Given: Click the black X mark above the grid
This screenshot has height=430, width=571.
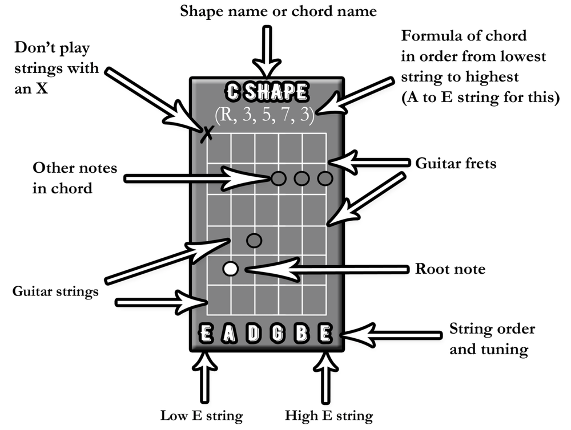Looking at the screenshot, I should click(207, 133).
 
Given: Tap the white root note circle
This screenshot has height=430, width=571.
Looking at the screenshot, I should click(231, 268).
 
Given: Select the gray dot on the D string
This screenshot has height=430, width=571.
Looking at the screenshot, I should click(254, 241).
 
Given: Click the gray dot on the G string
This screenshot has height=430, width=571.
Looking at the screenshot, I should click(278, 179).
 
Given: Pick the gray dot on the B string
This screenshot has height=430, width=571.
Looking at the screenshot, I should click(302, 179).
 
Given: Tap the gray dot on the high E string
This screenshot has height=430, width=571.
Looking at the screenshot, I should click(325, 179).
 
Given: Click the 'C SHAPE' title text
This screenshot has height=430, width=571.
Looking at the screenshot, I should click(267, 91).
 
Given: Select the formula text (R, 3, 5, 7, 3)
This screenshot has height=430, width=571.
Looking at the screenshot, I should click(265, 114).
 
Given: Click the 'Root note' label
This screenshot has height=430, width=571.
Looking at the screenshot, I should click(450, 268).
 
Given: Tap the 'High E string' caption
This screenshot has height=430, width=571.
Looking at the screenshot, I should click(328, 415).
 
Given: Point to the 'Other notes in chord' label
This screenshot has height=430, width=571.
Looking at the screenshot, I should click(74, 177).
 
